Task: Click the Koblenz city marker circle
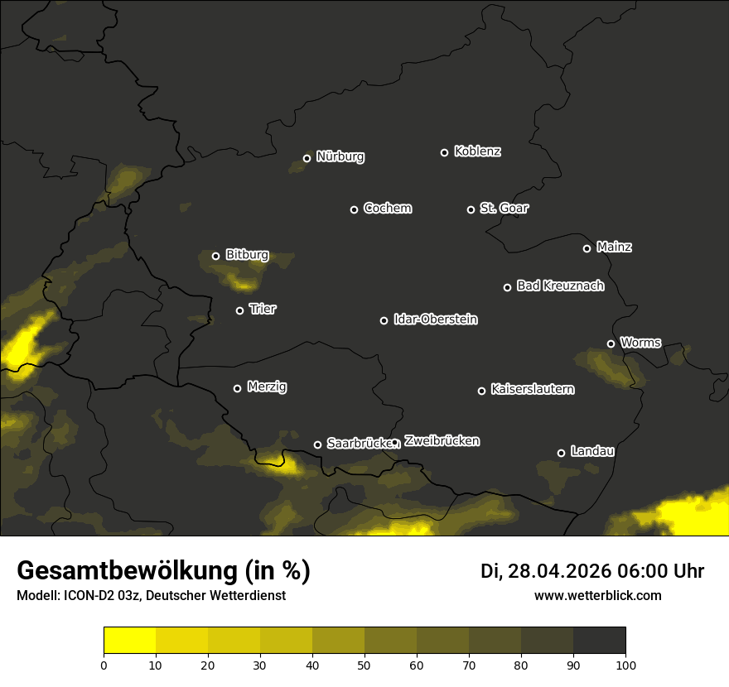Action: tap(444, 152)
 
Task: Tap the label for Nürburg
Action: tap(340, 157)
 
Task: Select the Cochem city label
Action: tap(388, 209)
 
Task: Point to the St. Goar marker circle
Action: tap(471, 209)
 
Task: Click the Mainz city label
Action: tap(614, 247)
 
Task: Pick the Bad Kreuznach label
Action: tap(560, 286)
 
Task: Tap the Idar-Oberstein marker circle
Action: tap(384, 320)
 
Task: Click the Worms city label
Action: tap(640, 343)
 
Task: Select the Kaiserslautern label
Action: tap(533, 390)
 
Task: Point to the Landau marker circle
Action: tap(561, 453)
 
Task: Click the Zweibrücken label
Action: tap(442, 441)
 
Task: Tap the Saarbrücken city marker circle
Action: tap(317, 444)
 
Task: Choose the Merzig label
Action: tap(267, 387)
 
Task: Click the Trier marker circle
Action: tap(239, 310)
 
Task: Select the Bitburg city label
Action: tap(247, 256)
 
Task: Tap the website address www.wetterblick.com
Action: tap(597, 596)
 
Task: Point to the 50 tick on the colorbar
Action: tap(364, 665)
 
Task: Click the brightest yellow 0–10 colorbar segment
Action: tap(130, 641)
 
